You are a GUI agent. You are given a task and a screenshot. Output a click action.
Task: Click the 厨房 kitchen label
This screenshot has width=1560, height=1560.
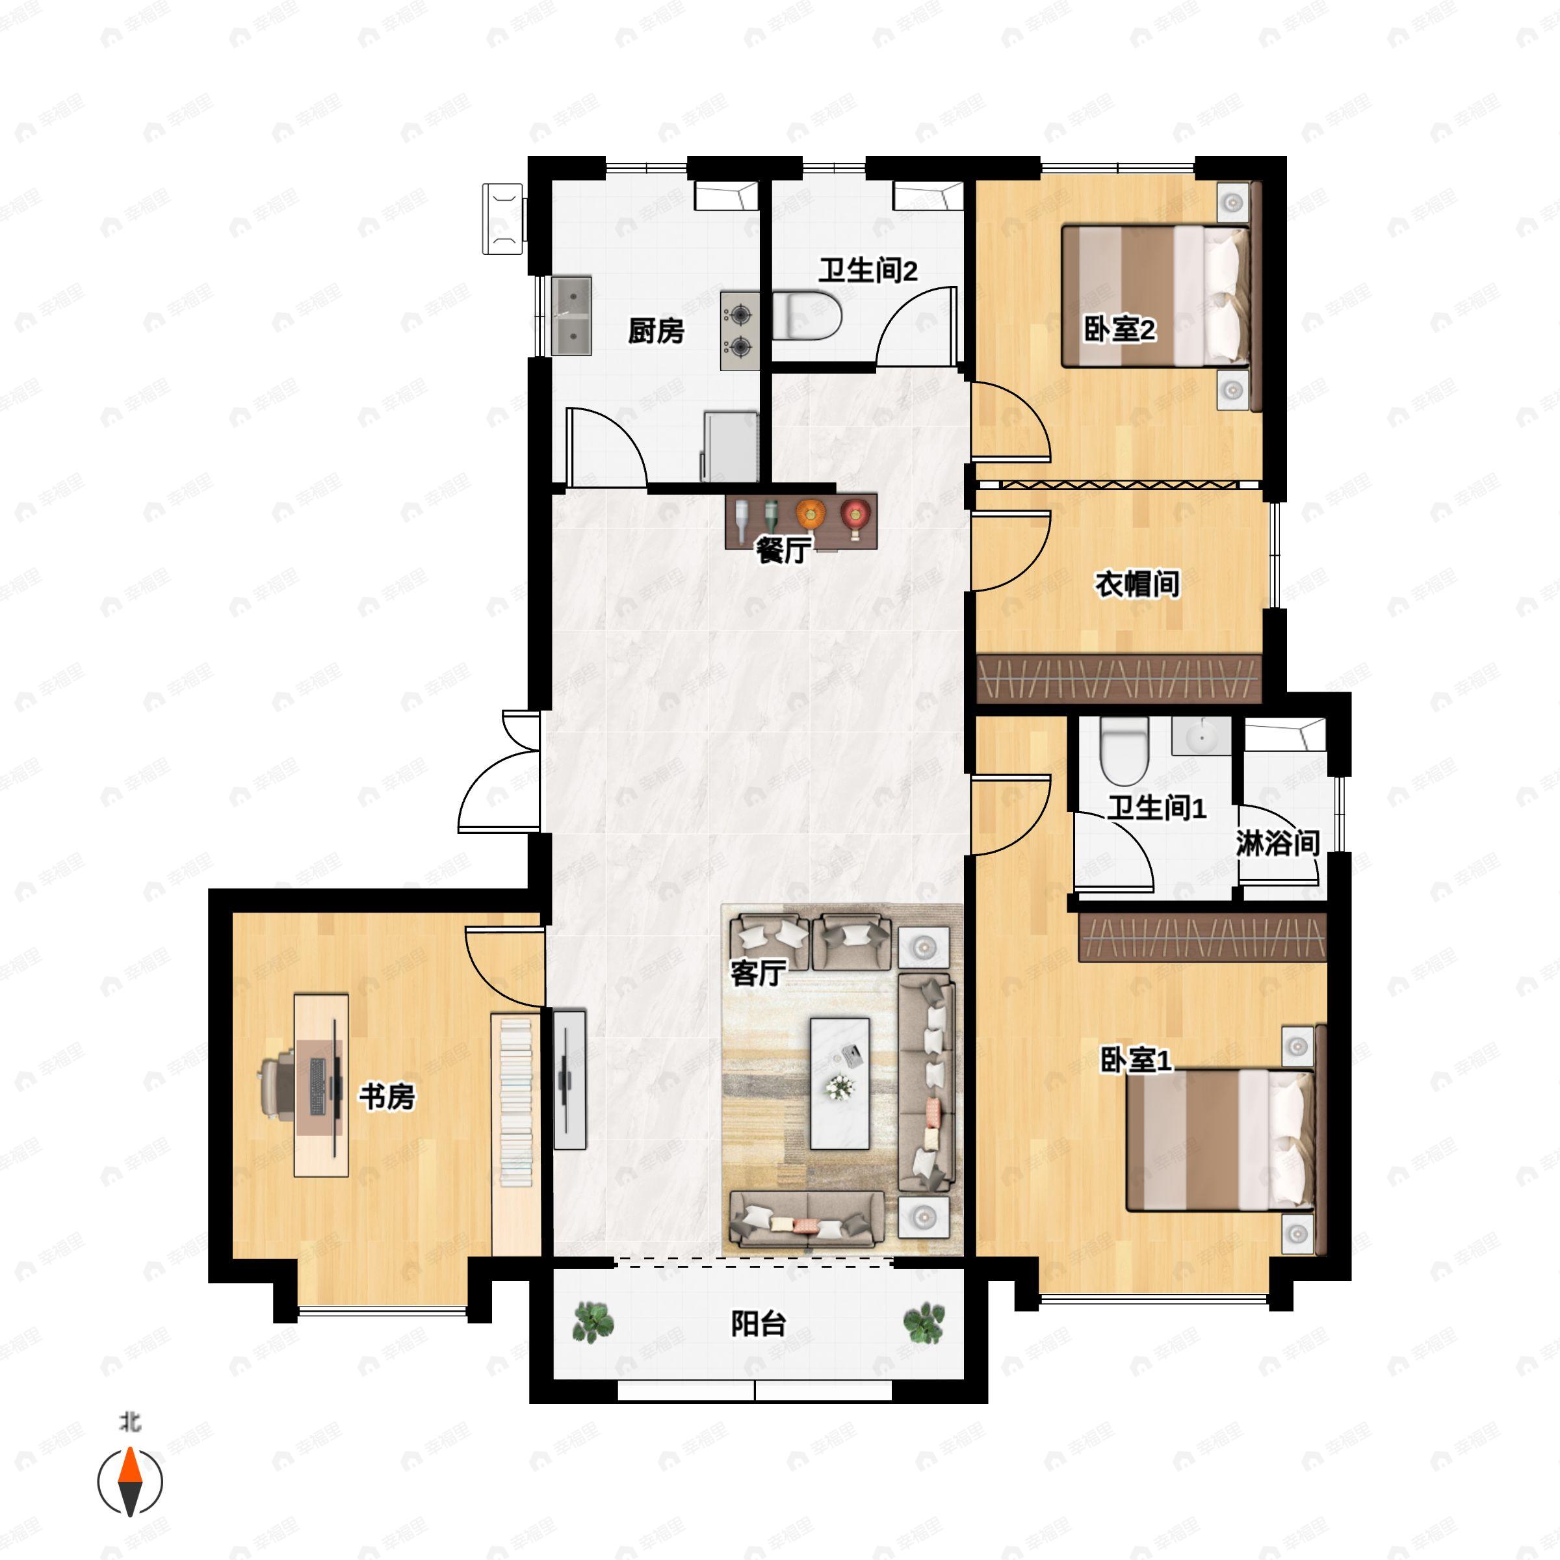656,331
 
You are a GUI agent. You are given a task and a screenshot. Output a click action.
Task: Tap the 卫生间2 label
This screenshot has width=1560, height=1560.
868,270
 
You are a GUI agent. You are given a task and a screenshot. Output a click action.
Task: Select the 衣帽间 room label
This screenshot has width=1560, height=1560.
1137,584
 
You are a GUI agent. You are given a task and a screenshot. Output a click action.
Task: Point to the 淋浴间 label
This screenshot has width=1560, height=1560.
1277,844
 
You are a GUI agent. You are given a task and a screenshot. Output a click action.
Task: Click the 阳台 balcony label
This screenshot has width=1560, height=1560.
758,1324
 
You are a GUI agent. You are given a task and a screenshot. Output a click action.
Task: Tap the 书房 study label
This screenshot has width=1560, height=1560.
387,1097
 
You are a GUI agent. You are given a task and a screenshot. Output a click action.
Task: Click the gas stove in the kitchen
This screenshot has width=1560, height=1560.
740,331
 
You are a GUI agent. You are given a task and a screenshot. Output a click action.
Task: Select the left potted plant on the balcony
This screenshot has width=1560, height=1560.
593,1323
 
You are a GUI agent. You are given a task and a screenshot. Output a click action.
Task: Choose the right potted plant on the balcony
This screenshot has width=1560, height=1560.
924,1323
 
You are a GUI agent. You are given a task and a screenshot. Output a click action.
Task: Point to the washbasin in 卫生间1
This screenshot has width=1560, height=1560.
1201,736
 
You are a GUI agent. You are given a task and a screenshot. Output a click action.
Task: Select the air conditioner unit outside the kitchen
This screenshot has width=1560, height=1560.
503,219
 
